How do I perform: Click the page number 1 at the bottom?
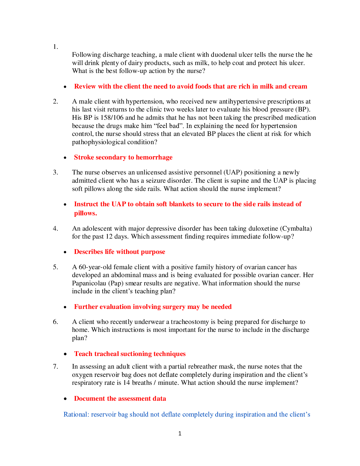click(180, 433)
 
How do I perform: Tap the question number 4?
click(55, 228)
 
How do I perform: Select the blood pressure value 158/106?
click(112, 117)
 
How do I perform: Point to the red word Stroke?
click(84, 157)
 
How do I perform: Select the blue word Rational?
click(76, 414)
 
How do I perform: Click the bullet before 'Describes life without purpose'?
click(65, 252)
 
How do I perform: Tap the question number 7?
click(55, 367)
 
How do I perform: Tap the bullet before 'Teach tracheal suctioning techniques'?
click(65, 354)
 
